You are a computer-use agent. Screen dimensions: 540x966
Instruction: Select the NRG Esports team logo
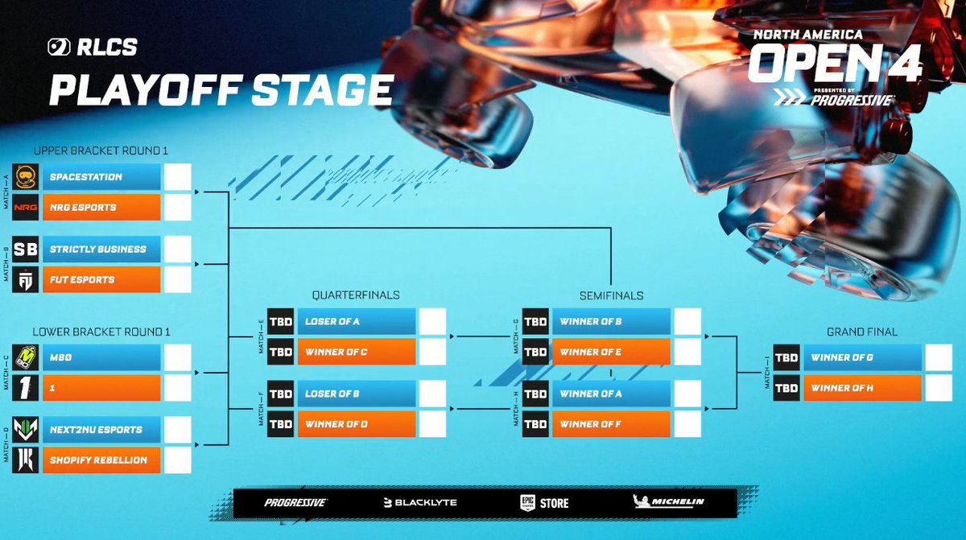point(26,208)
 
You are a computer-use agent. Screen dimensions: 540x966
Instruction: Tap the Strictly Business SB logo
point(26,249)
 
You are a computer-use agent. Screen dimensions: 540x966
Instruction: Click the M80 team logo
point(26,357)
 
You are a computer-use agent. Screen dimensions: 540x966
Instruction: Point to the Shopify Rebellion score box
point(178,460)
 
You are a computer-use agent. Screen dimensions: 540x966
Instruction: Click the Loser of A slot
point(356,322)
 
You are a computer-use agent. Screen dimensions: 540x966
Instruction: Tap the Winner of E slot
point(611,352)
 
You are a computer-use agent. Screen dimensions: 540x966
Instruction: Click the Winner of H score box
point(939,388)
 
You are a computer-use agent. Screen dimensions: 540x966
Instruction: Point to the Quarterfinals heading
point(357,295)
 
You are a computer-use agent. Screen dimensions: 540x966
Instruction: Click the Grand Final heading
point(862,332)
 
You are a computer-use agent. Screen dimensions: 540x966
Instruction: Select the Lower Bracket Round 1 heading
point(101,331)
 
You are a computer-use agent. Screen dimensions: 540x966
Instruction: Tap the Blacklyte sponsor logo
point(420,503)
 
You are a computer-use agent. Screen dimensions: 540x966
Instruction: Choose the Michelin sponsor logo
point(669,502)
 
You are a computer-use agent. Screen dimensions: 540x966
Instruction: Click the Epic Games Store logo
point(544,503)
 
